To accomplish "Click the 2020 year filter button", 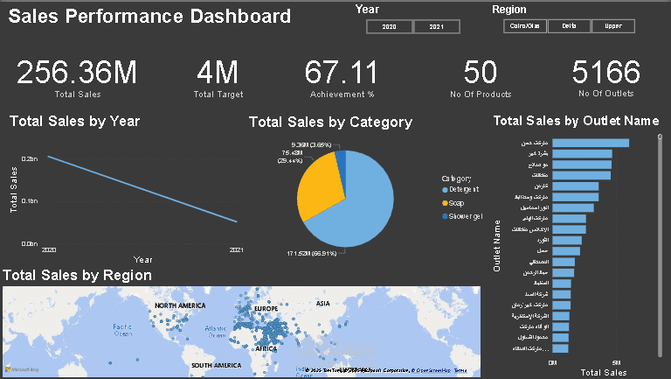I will click(x=389, y=27).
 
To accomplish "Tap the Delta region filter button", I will click(x=569, y=26).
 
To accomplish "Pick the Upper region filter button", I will click(x=613, y=26).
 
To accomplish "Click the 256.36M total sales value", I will click(x=77, y=74).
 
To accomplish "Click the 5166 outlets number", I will click(x=606, y=74).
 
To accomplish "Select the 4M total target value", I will click(x=218, y=74).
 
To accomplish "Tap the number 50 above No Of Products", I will click(x=480, y=74).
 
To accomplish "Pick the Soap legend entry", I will click(x=457, y=202).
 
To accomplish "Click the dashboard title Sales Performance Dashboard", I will click(x=149, y=16).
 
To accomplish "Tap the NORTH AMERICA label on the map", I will click(x=179, y=305).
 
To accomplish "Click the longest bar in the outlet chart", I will click(x=591, y=143).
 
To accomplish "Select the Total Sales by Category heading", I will click(x=330, y=123).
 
